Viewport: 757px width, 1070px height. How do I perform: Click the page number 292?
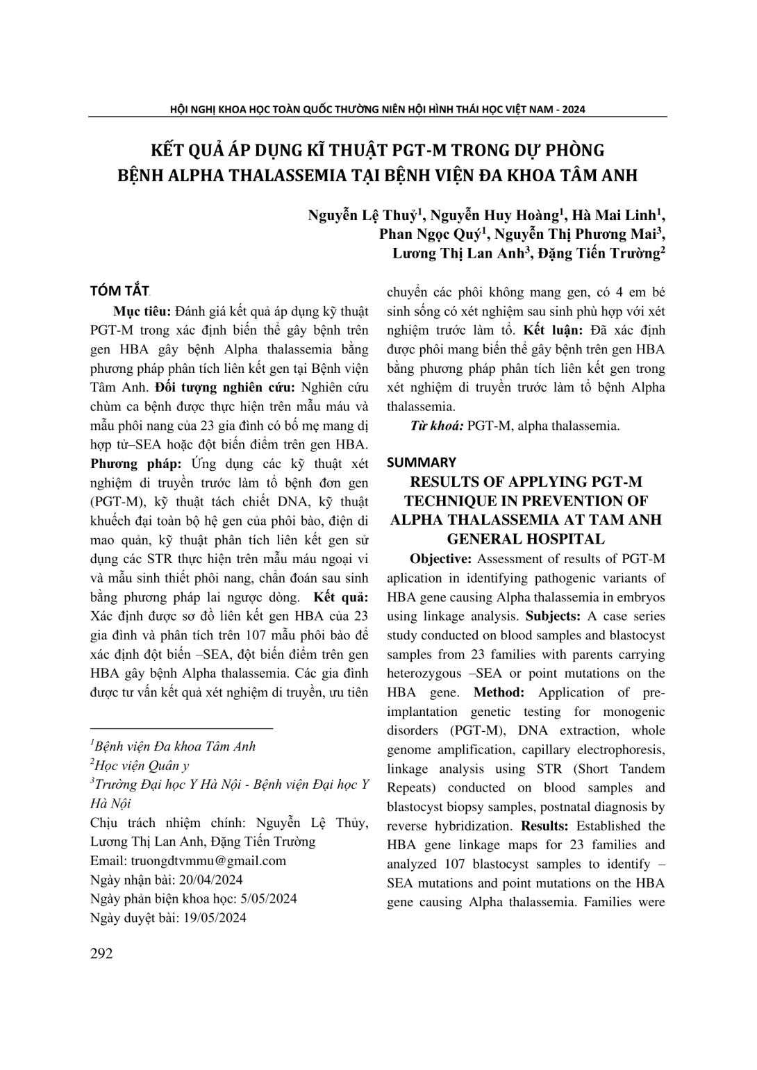click(101, 953)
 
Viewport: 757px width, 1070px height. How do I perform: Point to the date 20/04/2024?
click(211, 880)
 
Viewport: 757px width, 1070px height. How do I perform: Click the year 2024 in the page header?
click(574, 109)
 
